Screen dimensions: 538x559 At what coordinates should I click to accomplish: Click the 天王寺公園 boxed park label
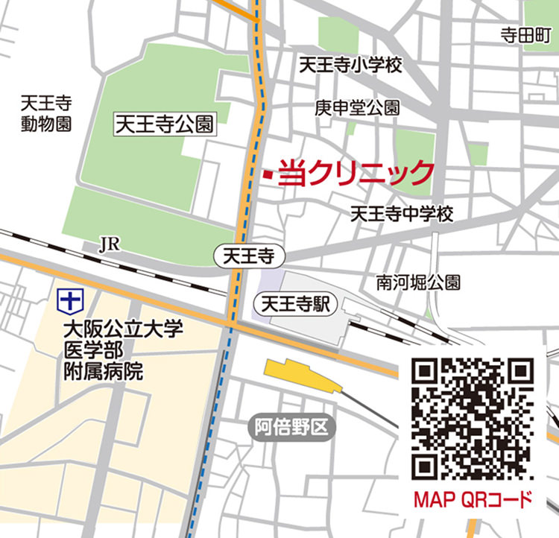click(x=163, y=124)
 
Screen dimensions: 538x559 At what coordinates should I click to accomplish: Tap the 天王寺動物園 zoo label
click(x=46, y=113)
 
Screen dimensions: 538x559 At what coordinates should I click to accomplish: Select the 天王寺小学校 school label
click(x=350, y=66)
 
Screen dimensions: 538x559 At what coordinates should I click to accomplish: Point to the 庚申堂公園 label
click(x=357, y=107)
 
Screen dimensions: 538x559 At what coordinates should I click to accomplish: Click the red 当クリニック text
click(x=356, y=174)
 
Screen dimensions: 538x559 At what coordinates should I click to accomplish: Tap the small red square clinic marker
click(x=266, y=174)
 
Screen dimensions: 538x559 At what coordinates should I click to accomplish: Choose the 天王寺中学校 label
click(x=402, y=215)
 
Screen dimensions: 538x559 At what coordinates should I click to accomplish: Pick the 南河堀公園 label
click(x=418, y=282)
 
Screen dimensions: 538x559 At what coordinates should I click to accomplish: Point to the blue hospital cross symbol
click(x=69, y=301)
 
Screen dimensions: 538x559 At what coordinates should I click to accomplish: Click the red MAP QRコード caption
click(x=473, y=499)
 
